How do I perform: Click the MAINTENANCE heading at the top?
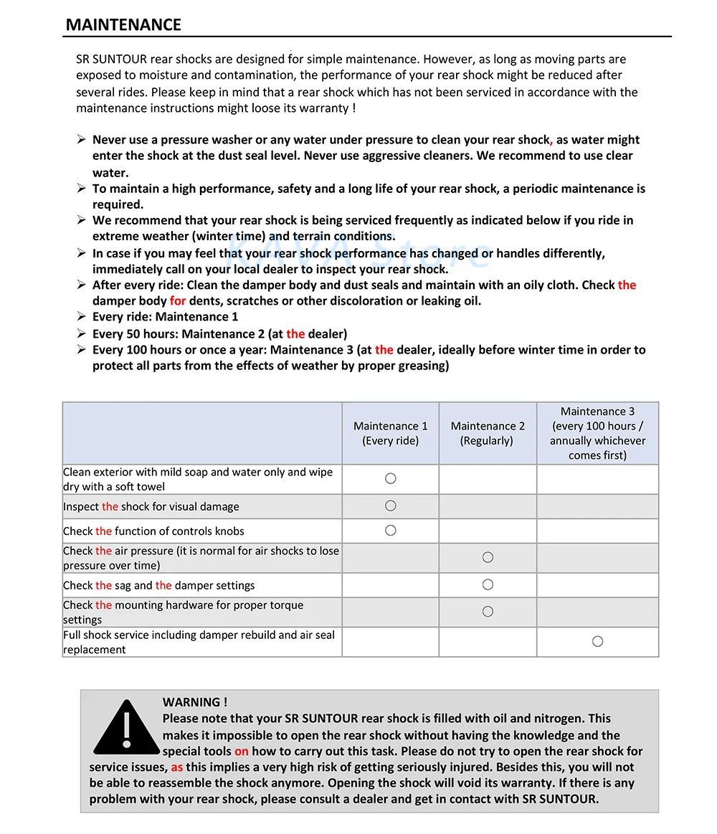coord(123,24)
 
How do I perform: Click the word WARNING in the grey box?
coord(191,702)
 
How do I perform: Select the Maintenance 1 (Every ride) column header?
coord(391,433)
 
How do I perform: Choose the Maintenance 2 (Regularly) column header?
coord(488,433)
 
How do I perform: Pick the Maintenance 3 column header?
coord(597,433)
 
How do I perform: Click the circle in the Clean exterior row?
coord(391,478)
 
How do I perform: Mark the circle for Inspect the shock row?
coord(391,506)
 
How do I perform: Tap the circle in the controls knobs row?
coord(391,531)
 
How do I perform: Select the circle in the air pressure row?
coord(488,557)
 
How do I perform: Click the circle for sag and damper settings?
coord(488,584)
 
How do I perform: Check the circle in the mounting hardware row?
coord(488,612)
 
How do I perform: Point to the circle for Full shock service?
coord(597,641)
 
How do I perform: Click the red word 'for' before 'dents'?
coord(178,300)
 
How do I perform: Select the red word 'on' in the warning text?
coord(242,751)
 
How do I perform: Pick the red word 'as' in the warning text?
coord(176,767)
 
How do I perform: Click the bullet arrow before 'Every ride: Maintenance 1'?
coord(82,316)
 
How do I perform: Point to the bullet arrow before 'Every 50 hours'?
coord(82,333)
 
